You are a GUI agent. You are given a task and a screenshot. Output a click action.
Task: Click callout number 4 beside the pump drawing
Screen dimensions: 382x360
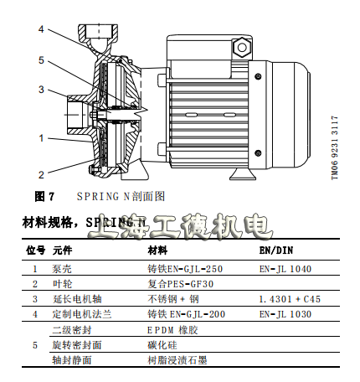pyautogui.click(x=40, y=29)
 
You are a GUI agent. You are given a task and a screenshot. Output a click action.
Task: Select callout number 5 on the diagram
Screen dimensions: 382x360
pyautogui.click(x=40, y=59)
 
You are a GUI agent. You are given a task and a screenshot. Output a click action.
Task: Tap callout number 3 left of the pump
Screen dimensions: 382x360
pyautogui.click(x=40, y=89)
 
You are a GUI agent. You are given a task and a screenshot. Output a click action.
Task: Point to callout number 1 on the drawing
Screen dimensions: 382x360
pyautogui.click(x=40, y=137)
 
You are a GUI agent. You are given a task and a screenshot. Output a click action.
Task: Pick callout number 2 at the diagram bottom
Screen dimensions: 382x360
pyautogui.click(x=40, y=174)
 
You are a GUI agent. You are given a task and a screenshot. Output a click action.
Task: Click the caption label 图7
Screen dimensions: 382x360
pyautogui.click(x=44, y=197)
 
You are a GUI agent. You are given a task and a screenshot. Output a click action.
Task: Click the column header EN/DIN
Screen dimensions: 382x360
pyautogui.click(x=275, y=250)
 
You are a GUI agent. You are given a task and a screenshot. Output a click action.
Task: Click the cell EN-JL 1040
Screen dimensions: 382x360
pyautogui.click(x=285, y=269)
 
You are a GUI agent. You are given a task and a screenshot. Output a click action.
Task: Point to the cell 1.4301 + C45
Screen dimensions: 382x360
pyautogui.click(x=290, y=298)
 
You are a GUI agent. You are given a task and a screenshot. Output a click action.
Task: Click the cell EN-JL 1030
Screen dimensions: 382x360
pyautogui.click(x=285, y=313)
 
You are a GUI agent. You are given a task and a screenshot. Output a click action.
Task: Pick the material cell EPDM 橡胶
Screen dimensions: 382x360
pyautogui.click(x=172, y=329)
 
